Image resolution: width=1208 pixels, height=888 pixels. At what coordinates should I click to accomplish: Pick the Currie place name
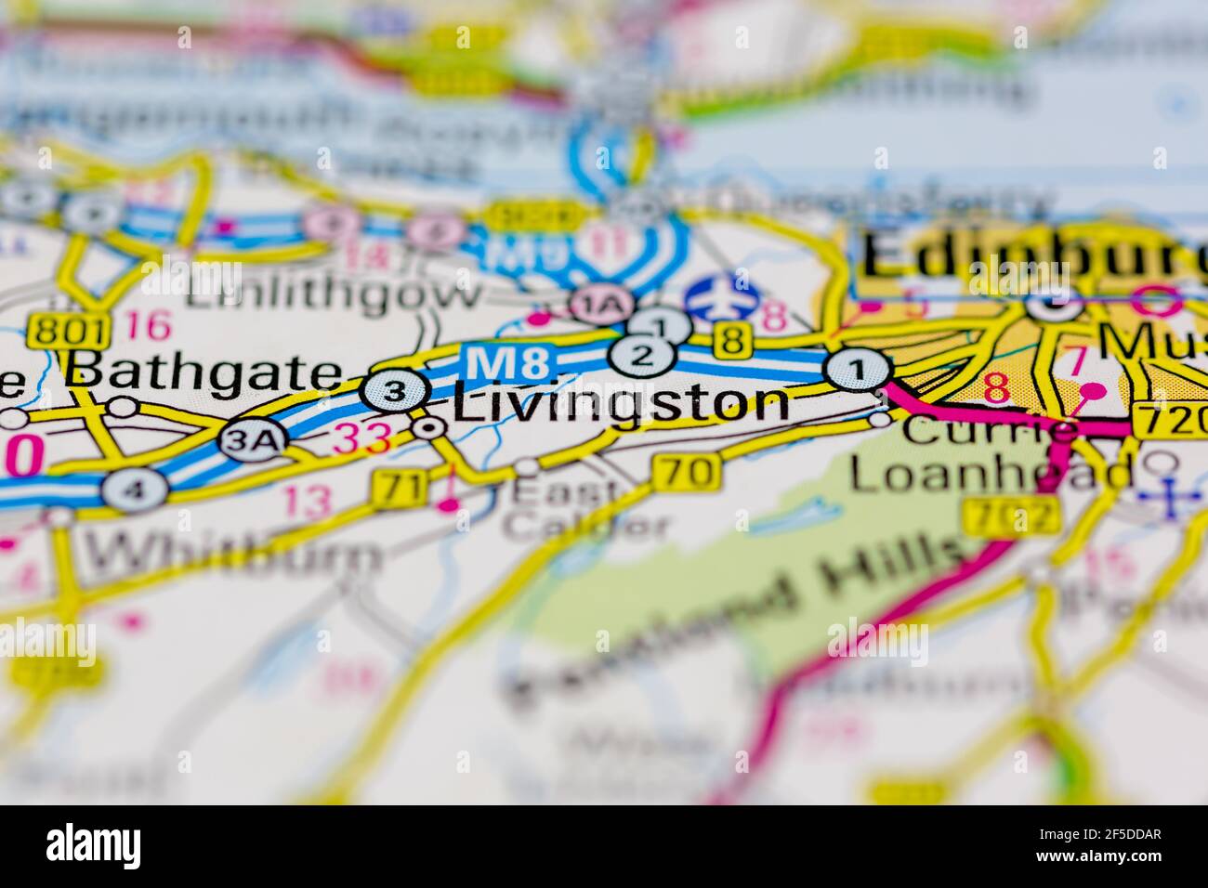990,431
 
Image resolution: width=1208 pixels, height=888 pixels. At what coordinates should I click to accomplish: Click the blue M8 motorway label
498,362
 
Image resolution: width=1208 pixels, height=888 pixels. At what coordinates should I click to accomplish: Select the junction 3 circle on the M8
395,392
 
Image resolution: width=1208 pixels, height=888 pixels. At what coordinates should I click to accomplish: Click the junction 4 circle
136,489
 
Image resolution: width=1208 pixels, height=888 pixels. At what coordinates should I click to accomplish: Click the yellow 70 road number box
687,472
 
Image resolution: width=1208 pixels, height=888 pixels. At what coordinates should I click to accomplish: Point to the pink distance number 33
361,437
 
